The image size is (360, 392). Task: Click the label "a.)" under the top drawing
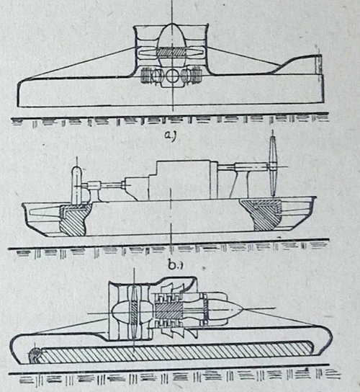pyautogui.click(x=171, y=135)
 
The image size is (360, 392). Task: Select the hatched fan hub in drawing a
pyautogui.click(x=171, y=53)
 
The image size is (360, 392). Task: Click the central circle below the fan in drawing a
pyautogui.click(x=172, y=75)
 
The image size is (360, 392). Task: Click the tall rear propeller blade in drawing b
pyautogui.click(x=274, y=164)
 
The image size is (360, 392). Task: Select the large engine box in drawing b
pyautogui.click(x=183, y=180)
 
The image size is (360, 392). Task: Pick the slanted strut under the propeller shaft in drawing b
pyautogui.click(x=233, y=184)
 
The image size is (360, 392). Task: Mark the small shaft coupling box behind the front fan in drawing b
pyautogui.click(x=94, y=185)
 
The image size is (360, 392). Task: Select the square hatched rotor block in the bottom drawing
pyautogui.click(x=168, y=311)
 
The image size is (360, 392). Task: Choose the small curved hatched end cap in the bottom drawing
pyautogui.click(x=35, y=355)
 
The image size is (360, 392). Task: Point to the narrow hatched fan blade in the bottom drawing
pyautogui.click(x=134, y=313)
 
